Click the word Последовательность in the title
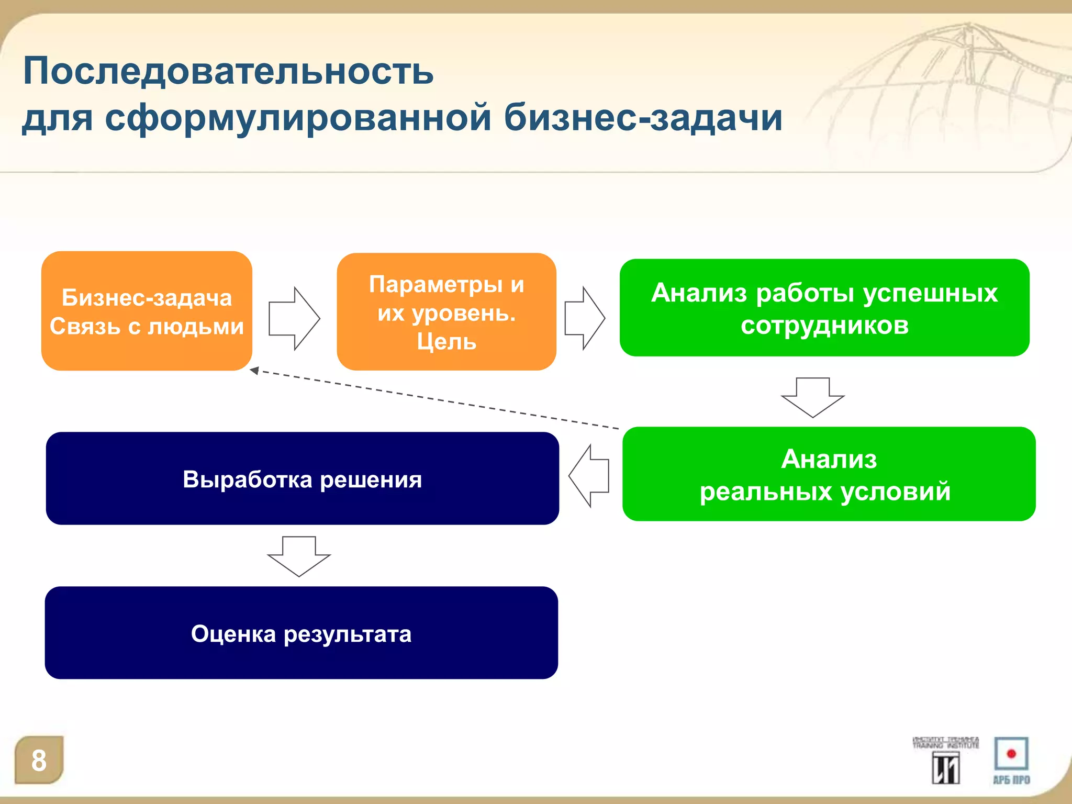pos(228,71)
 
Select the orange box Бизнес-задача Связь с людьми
pos(147,311)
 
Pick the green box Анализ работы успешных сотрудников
pos(824,308)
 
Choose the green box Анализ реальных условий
pos(829,474)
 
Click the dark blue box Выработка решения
pos(302,478)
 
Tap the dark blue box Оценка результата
pos(301,633)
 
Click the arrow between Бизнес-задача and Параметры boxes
pos(294,318)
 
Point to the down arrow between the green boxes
pos(812,397)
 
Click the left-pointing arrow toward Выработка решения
pos(589,476)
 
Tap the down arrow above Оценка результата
pos(299,556)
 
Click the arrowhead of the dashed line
pos(255,371)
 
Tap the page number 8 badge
pos(39,760)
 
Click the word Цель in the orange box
pos(446,342)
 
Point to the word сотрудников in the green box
pos(824,326)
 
